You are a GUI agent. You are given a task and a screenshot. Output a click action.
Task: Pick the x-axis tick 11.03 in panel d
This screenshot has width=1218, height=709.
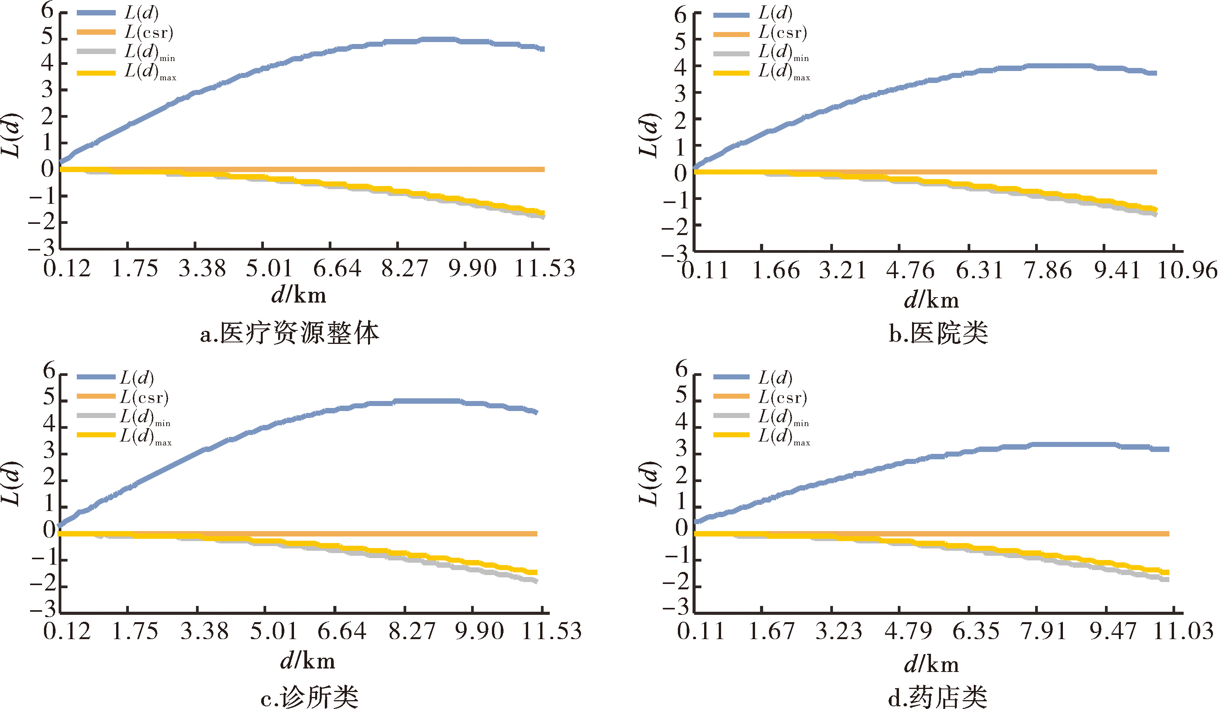[x=1183, y=631]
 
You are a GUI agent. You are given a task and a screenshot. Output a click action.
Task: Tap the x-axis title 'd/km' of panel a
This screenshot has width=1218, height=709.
[x=299, y=294]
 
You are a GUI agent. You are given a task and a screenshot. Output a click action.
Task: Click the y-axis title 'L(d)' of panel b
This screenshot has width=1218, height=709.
[x=649, y=135]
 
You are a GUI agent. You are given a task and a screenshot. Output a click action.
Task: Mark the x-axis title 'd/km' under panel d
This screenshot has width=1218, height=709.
[x=931, y=665]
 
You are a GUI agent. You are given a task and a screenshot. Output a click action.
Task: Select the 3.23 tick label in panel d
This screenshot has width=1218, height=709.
[x=839, y=631]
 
